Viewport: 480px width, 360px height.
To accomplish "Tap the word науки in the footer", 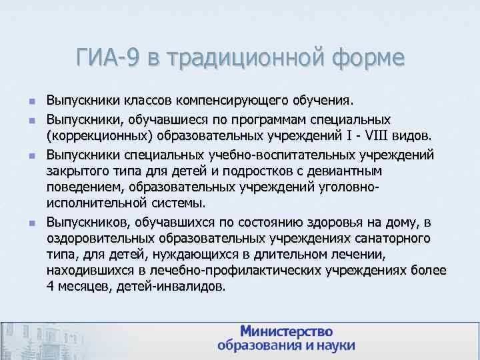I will [333, 346].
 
